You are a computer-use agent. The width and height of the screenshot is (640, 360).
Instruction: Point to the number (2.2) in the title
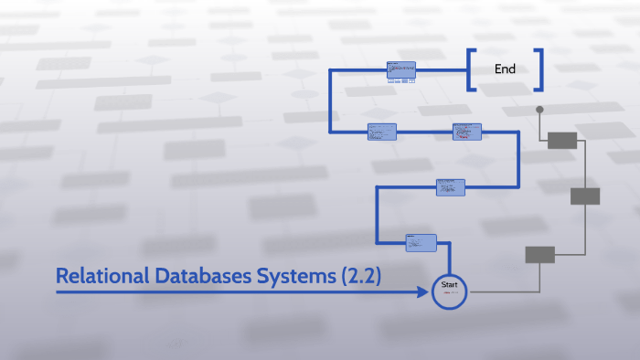tap(357, 275)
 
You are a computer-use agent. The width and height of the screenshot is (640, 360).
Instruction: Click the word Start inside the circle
tap(449, 286)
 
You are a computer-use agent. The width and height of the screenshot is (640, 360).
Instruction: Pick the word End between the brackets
tap(505, 69)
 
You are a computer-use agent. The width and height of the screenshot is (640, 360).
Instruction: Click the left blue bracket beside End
tap(470, 69)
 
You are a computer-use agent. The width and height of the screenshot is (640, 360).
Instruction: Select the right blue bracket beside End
tap(540, 69)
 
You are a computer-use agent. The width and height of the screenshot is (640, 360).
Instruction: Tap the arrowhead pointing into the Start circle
tap(424, 292)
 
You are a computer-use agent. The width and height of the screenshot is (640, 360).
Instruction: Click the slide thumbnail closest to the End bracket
tap(401, 70)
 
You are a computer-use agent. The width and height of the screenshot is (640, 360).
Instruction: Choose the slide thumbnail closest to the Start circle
tap(421, 242)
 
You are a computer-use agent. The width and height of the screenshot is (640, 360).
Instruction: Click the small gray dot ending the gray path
tap(539, 110)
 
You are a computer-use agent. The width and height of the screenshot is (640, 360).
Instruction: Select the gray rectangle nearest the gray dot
tap(562, 140)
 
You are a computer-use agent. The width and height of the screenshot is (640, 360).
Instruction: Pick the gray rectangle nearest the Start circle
tap(539, 255)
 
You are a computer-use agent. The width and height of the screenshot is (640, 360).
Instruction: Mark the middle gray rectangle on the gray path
tap(584, 196)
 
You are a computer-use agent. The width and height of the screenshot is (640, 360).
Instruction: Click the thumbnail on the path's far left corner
tap(382, 132)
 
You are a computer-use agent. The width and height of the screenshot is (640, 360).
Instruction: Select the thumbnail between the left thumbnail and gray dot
tap(466, 132)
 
